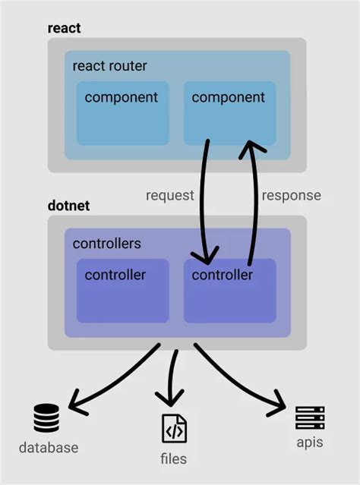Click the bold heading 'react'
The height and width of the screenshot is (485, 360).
click(64, 28)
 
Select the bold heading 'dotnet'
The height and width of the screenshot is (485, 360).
click(68, 206)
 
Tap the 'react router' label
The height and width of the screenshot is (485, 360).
click(109, 66)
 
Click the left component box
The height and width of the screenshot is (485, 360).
click(122, 112)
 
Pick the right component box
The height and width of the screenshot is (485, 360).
click(229, 112)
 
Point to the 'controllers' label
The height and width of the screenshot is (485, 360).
click(106, 244)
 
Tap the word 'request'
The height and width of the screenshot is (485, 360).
click(169, 195)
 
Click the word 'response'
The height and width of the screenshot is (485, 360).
click(291, 195)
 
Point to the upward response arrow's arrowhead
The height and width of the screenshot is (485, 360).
click(250, 151)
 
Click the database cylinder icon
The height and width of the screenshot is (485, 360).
click(46, 418)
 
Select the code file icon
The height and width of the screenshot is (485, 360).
click(174, 429)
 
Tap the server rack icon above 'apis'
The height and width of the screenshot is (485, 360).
click(310, 417)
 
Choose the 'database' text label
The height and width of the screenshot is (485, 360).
click(47, 448)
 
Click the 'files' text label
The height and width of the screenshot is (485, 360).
click(174, 458)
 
